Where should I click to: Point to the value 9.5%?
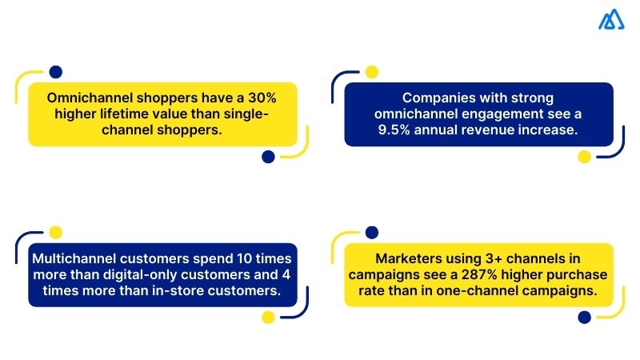click(404, 130)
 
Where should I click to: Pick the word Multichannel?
click(77, 259)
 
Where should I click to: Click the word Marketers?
click(410, 259)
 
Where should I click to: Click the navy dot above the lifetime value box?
click(55, 72)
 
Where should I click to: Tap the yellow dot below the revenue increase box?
click(584, 157)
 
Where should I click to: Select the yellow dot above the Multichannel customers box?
click(55, 233)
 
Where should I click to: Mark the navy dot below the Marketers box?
click(584, 318)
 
